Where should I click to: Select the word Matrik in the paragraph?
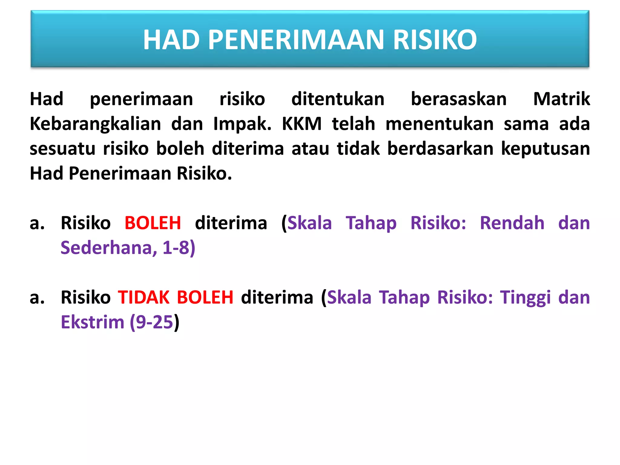pos(561,99)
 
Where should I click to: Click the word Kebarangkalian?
pos(95,124)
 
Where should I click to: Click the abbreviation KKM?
pos(302,124)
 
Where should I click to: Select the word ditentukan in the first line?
pos(338,99)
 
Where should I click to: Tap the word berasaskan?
pos(458,99)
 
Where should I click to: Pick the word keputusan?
pos(545,149)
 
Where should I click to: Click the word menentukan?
pos(440,124)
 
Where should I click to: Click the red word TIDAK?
pos(143,297)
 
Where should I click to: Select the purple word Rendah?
pos(512,223)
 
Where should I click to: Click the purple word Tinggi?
pos(525,297)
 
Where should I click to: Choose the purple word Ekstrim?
pos(93,322)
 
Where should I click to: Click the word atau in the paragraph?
pos(310,149)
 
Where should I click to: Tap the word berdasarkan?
pos(440,149)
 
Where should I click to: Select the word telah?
pos(353,124)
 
